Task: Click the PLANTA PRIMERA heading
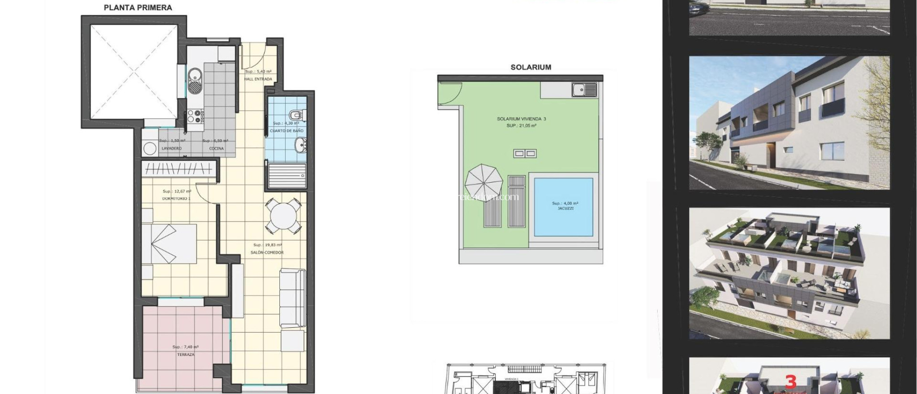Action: pyautogui.click(x=138, y=8)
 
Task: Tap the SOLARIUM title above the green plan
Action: pyautogui.click(x=531, y=67)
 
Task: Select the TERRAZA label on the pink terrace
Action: pyautogui.click(x=185, y=355)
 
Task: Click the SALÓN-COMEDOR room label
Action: pyautogui.click(x=267, y=253)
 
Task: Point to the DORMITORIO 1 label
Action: pyautogui.click(x=176, y=198)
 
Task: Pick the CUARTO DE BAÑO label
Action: pyautogui.click(x=287, y=131)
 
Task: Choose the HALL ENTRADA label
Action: pyautogui.click(x=258, y=79)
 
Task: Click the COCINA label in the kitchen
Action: pyautogui.click(x=216, y=148)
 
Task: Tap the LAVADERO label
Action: pyautogui.click(x=171, y=148)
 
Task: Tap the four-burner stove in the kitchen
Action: pyautogui.click(x=195, y=116)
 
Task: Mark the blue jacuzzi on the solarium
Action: pyautogui.click(x=564, y=206)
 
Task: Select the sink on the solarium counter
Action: pyautogui.click(x=584, y=90)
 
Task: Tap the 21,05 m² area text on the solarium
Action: pyautogui.click(x=521, y=126)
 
